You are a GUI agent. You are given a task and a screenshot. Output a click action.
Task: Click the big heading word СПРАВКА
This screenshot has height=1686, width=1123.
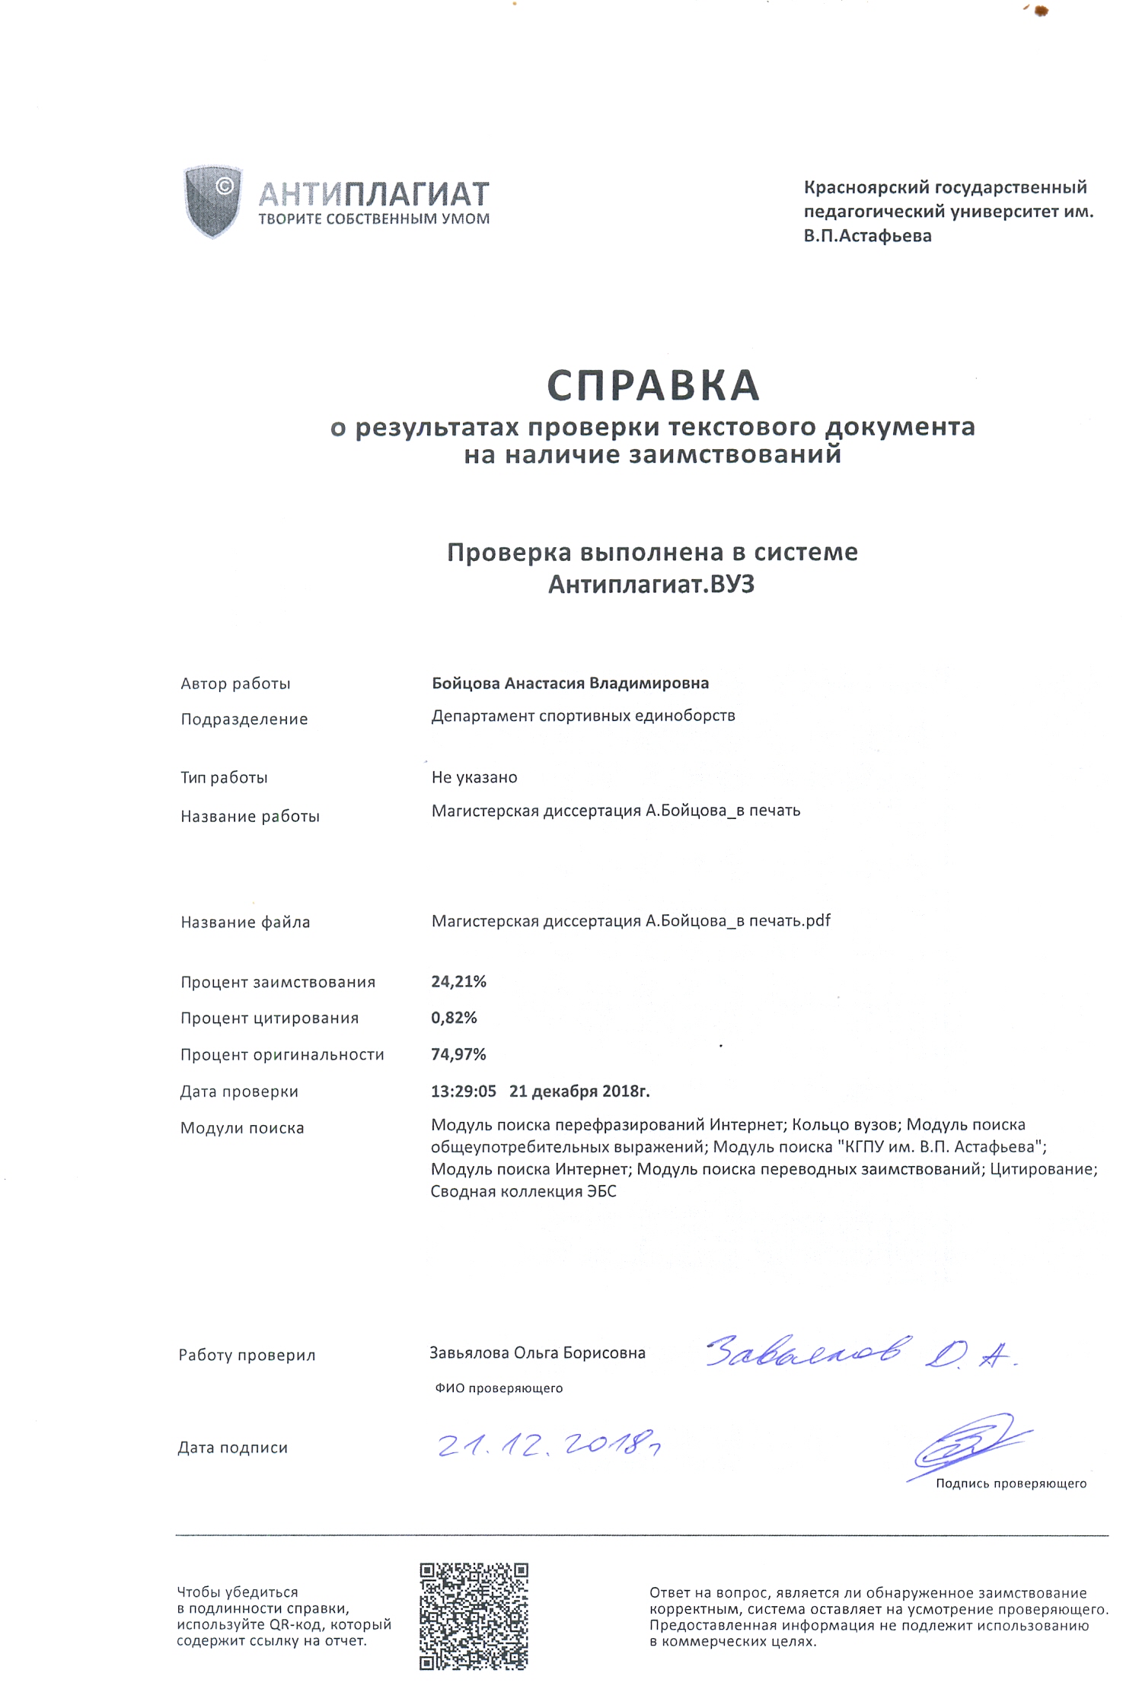click(653, 385)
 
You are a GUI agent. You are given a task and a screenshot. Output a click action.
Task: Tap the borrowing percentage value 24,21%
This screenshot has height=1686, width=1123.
click(458, 982)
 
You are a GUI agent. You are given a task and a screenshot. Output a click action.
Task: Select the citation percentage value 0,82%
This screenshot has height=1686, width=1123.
click(454, 1018)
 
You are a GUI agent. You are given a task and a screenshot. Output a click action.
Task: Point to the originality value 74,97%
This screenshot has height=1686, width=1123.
click(458, 1055)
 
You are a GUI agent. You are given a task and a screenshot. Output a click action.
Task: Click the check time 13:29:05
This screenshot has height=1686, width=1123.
click(464, 1092)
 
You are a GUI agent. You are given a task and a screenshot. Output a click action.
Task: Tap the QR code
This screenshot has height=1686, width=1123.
click(474, 1617)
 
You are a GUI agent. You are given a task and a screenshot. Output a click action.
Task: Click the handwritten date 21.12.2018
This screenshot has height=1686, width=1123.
click(548, 1445)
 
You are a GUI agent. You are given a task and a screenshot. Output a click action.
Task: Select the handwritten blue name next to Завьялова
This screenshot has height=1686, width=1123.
click(860, 1353)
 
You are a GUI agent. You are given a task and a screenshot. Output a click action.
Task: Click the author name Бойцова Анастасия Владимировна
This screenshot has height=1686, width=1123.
click(570, 684)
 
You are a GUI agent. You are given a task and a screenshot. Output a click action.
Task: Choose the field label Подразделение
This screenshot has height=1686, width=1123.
click(244, 719)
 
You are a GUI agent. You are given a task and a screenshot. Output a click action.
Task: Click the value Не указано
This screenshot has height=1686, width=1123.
click(474, 778)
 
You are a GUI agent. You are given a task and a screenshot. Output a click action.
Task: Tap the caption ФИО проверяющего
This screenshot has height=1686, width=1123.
click(499, 1388)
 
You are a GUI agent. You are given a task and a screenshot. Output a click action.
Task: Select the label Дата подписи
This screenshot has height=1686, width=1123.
click(233, 1448)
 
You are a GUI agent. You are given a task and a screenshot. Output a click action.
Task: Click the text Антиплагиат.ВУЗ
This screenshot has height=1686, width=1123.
click(652, 585)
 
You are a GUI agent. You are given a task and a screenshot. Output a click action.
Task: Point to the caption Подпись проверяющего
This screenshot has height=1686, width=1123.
click(1011, 1484)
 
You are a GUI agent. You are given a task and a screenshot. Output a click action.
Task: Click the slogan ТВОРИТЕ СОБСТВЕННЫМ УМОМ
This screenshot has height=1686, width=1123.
click(374, 219)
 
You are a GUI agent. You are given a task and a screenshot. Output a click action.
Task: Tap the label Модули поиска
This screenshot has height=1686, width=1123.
click(242, 1128)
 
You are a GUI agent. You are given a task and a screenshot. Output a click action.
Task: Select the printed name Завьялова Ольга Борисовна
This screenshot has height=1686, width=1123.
click(538, 1353)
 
